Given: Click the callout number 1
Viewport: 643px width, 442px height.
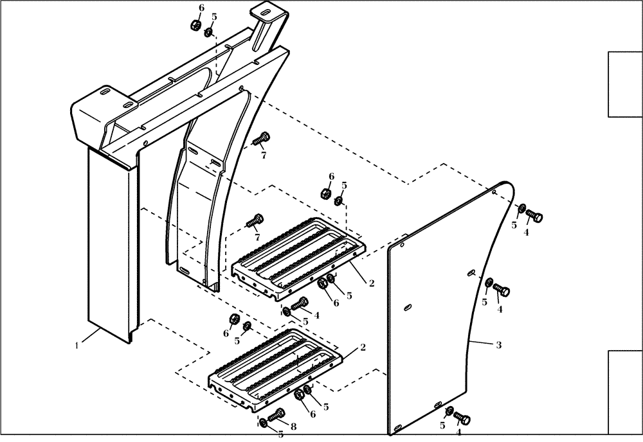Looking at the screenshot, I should (77, 345).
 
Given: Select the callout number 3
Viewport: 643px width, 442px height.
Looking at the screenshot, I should (498, 345).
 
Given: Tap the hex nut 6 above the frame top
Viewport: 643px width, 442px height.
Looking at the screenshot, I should (194, 26).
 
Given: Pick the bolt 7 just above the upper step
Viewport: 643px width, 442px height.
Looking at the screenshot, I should (255, 221).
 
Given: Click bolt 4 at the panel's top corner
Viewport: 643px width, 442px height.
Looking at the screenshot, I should (536, 217).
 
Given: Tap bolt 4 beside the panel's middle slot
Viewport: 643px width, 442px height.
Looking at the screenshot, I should (502, 291).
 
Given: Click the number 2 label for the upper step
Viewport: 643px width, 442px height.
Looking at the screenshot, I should (371, 281).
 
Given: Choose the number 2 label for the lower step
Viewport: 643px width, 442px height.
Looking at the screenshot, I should (363, 348).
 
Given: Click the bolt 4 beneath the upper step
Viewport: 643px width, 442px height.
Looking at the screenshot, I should (299, 305).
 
